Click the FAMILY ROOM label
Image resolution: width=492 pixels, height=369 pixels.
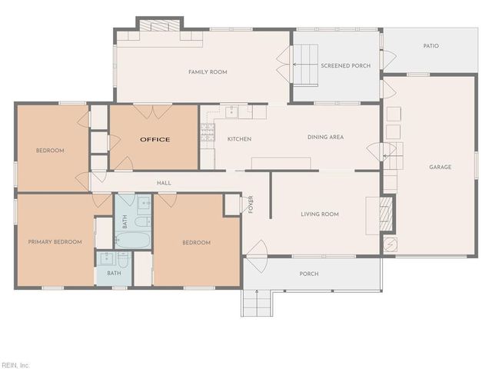[x=208, y=72]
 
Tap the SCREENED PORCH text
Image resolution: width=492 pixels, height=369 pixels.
[x=345, y=66]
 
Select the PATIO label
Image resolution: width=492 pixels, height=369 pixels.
[x=430, y=46]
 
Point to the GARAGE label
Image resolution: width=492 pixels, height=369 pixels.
[x=440, y=167]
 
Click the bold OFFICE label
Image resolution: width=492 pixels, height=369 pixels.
[x=155, y=139]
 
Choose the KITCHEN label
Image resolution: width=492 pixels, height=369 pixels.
[x=239, y=138]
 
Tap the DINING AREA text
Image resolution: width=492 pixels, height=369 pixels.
[x=325, y=138]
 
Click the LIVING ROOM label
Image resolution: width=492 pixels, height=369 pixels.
[x=320, y=214]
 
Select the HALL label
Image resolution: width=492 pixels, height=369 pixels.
[x=164, y=183]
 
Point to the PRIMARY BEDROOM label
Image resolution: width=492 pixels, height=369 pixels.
[x=55, y=242]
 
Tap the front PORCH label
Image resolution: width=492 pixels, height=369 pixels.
[x=309, y=274]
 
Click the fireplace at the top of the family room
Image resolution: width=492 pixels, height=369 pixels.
[x=159, y=25]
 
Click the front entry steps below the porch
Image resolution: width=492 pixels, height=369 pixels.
[x=257, y=303]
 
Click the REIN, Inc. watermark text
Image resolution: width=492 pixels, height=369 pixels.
[x=15, y=364]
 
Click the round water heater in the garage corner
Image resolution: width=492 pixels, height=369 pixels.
[x=390, y=244]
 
